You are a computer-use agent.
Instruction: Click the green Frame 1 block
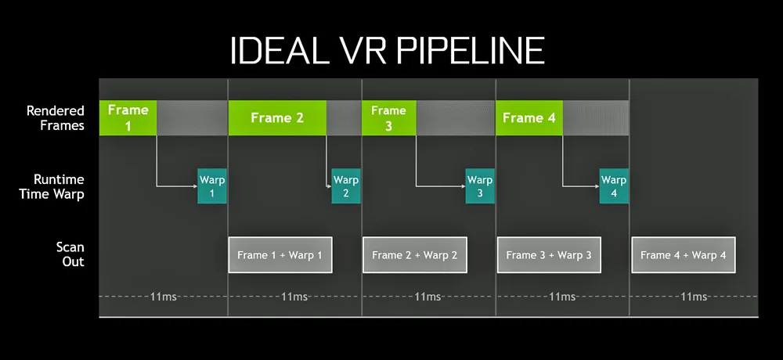click(128, 118)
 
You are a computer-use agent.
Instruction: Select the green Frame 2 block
click(277, 118)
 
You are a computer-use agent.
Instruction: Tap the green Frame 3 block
click(388, 118)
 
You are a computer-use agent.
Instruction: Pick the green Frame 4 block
click(529, 118)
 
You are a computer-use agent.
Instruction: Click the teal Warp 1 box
click(211, 186)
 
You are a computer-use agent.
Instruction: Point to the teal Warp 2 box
click(346, 186)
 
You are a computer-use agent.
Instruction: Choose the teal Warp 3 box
click(480, 186)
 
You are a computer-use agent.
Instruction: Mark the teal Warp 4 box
click(614, 186)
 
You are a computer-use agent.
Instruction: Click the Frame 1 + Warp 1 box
click(280, 254)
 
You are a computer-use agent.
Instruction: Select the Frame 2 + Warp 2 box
click(414, 254)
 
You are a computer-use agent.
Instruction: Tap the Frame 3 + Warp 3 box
click(549, 254)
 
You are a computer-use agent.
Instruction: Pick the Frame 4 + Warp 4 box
click(684, 254)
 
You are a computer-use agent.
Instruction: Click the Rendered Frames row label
click(55, 118)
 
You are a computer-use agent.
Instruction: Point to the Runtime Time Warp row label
click(52, 186)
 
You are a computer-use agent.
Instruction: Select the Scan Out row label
click(70, 254)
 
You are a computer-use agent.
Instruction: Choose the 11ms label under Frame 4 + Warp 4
click(694, 297)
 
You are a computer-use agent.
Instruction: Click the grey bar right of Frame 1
click(192, 118)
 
